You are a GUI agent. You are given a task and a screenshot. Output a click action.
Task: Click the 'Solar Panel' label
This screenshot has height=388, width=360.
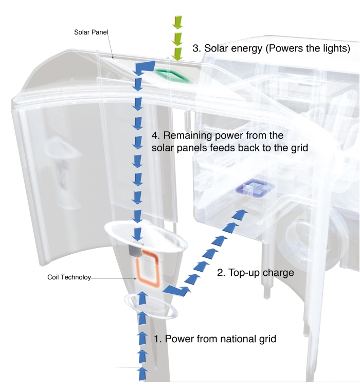click(91, 32)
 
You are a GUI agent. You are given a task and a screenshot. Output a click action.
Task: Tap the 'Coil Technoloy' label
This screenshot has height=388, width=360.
click(69, 277)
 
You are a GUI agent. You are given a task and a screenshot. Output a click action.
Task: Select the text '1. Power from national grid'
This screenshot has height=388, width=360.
click(215, 339)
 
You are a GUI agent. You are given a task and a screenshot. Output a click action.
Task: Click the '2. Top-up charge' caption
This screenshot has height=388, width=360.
click(256, 273)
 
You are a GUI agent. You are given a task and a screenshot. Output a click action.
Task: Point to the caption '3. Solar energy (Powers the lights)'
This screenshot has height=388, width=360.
click(271, 48)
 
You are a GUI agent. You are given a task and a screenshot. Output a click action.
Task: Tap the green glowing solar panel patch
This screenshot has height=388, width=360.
click(174, 76)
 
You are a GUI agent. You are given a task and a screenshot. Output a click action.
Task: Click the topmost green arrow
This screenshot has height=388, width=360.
click(177, 21)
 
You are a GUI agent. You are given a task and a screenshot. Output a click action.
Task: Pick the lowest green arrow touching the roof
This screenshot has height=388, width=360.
click(177, 54)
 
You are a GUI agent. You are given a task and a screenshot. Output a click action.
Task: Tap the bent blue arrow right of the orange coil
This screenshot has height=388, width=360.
click(177, 291)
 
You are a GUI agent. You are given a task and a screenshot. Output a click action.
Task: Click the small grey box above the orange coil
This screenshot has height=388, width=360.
click(135, 251)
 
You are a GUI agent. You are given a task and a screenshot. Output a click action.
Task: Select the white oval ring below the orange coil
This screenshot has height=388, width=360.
click(129, 306)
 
